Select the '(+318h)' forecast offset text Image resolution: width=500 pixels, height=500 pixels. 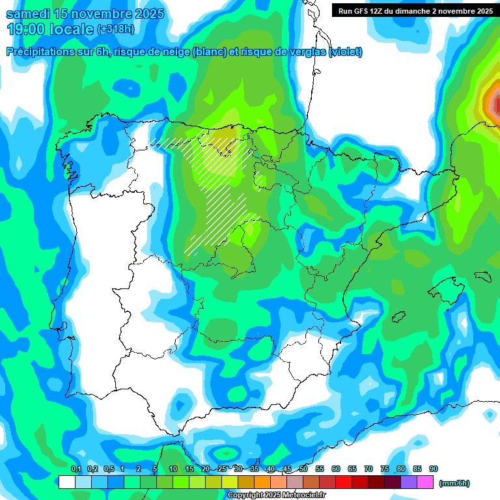(x=115, y=29)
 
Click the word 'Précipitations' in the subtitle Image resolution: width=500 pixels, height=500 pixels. (x=38, y=52)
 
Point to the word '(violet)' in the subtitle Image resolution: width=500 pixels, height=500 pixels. (x=346, y=52)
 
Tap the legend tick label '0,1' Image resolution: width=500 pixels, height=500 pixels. (x=76, y=469)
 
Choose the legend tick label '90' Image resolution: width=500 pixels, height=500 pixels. (x=434, y=469)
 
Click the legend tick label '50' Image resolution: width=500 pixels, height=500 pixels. (x=303, y=469)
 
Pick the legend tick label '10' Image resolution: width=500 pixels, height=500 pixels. (x=173, y=469)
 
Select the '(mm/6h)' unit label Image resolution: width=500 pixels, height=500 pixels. (x=454, y=483)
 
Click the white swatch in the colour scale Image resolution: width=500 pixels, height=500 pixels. (x=66, y=482)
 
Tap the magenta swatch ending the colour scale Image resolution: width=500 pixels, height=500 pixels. (x=425, y=482)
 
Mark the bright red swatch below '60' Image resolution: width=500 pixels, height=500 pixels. (x=344, y=482)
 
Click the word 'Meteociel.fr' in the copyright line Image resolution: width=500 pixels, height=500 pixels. (x=304, y=495)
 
